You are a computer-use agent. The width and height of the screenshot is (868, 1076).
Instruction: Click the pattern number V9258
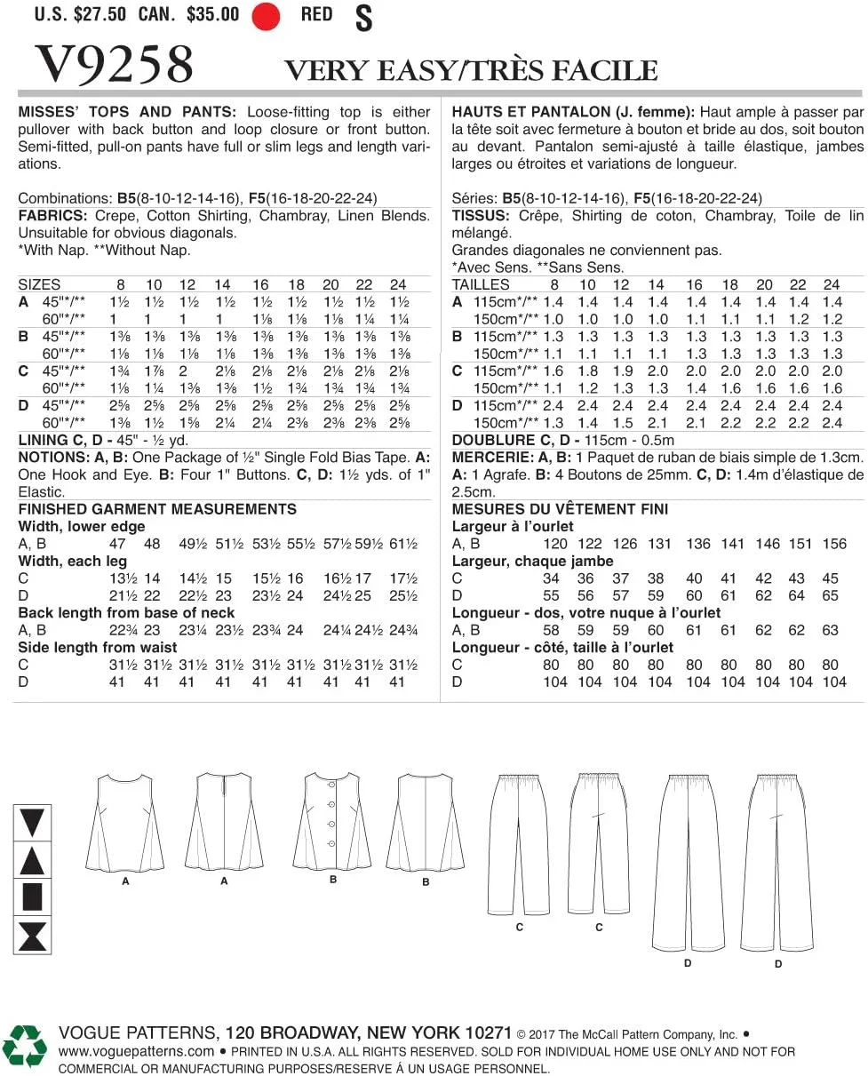(x=114, y=64)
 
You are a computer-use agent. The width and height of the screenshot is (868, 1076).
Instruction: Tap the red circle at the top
(x=266, y=15)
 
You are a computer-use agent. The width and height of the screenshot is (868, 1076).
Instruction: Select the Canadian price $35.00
(x=213, y=14)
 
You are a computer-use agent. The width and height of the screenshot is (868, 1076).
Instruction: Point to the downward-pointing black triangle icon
(x=32, y=822)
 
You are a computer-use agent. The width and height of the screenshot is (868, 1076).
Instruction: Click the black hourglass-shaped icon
(x=32, y=936)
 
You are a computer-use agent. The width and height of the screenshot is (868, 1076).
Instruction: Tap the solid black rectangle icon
(x=32, y=897)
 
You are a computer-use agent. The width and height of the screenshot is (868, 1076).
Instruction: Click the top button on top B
(x=332, y=784)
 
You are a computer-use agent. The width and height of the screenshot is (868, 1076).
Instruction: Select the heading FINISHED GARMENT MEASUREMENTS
(x=157, y=509)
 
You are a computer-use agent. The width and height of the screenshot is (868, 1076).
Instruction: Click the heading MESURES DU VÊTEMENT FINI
(x=560, y=509)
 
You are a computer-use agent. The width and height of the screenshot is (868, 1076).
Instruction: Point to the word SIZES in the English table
(x=39, y=284)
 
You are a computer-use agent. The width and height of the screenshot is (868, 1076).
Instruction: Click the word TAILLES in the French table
(x=481, y=284)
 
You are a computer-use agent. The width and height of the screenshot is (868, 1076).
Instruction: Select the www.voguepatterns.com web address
(x=136, y=1051)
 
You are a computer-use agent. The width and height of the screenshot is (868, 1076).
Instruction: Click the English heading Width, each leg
(x=73, y=561)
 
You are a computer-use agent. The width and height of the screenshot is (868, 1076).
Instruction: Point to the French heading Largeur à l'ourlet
(x=513, y=526)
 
